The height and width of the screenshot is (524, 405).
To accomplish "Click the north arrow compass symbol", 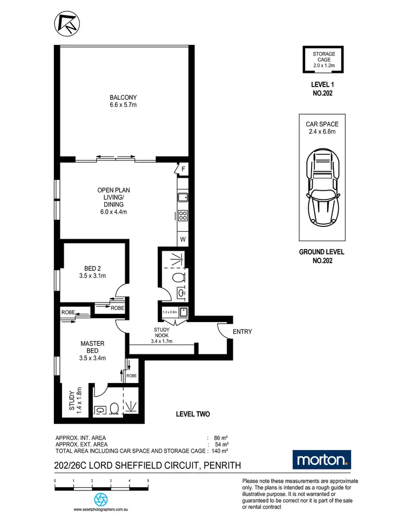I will (65, 24).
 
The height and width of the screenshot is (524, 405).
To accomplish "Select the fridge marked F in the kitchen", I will (183, 169).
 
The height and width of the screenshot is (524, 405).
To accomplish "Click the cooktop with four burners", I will (183, 216).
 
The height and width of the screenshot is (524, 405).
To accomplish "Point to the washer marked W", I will (183, 239).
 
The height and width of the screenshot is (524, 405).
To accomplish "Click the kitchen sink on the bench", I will (183, 198).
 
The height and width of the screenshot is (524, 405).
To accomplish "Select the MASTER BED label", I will (92, 350).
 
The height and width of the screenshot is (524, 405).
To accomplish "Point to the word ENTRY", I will (242, 332).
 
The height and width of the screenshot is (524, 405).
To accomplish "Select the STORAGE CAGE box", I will (324, 60).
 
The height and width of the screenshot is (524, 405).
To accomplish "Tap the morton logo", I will (322, 460).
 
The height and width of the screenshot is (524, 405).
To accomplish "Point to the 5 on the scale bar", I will (147, 480).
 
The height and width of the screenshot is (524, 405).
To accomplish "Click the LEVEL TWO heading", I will (193, 414).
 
